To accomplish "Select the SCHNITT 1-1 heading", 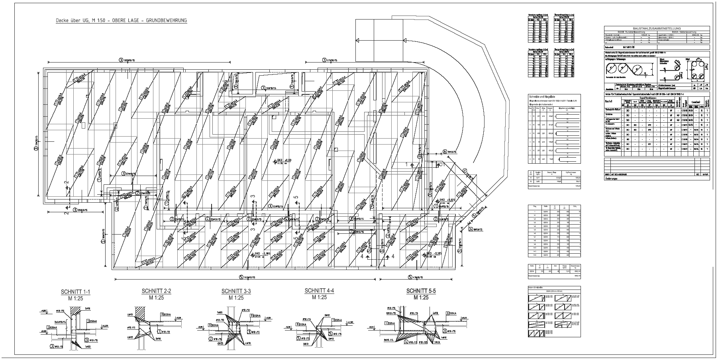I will click(x=75, y=292).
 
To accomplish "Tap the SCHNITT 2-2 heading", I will click(x=156, y=291).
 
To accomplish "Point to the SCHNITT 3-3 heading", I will click(x=236, y=291).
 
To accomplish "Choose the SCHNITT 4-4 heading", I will click(x=319, y=291).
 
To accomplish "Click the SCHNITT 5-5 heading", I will click(x=421, y=291).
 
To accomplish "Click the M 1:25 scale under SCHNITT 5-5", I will click(x=421, y=297).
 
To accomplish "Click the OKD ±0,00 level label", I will click(x=284, y=160).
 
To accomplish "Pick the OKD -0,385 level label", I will click(x=261, y=253).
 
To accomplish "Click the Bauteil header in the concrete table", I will click(x=610, y=102).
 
